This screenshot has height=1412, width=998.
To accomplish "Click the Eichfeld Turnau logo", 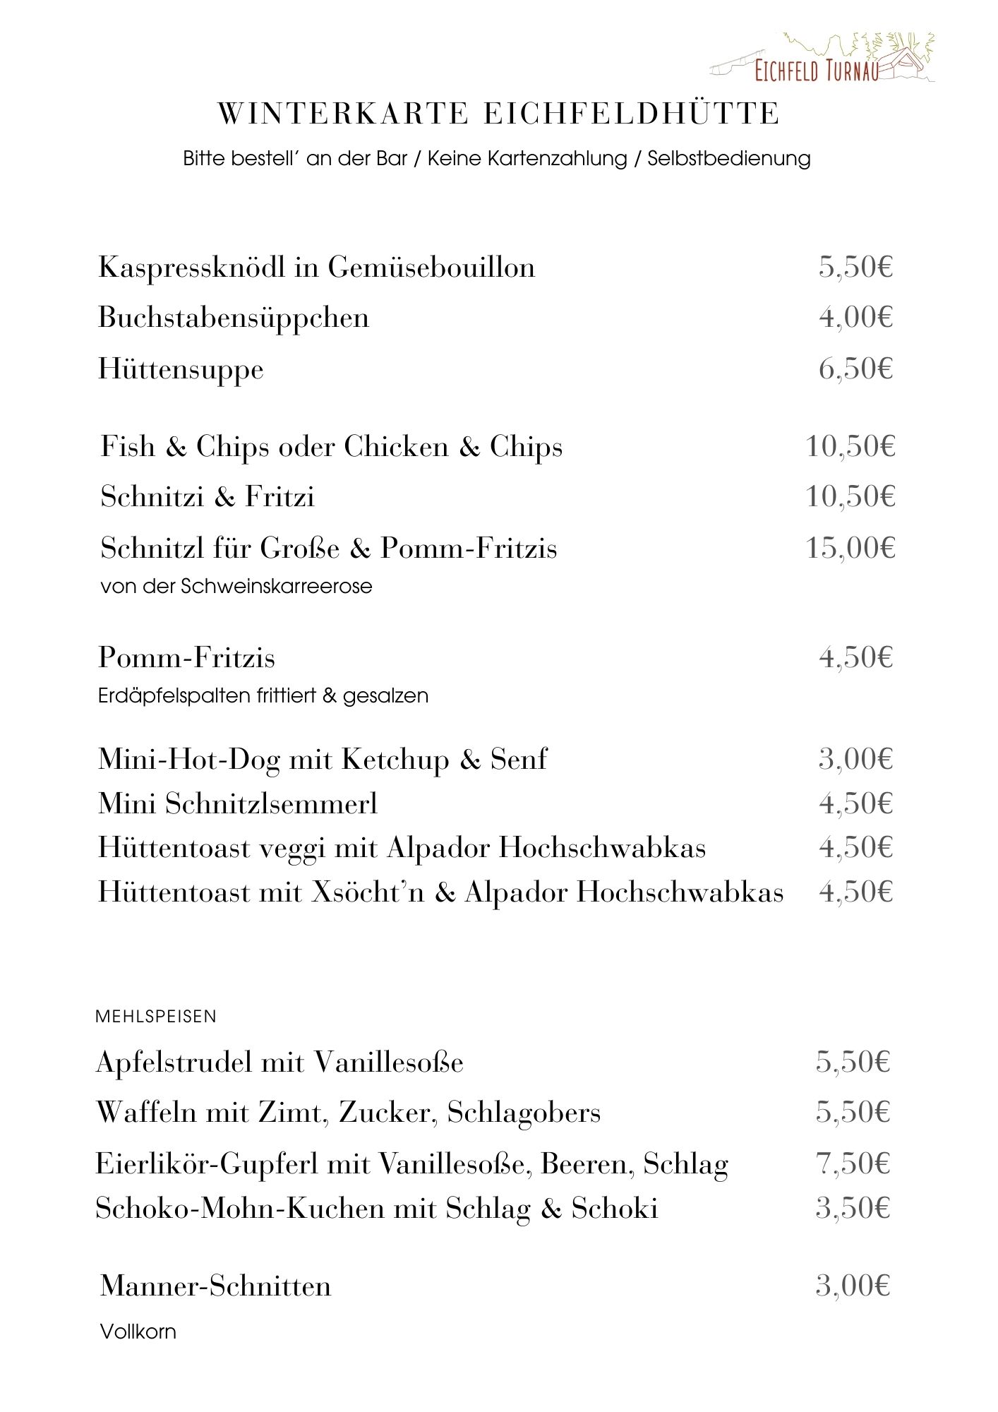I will click(822, 59).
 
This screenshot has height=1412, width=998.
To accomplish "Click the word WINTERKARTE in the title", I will click(343, 114).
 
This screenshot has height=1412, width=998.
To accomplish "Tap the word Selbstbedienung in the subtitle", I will click(728, 158).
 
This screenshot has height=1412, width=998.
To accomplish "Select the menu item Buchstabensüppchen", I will click(234, 318).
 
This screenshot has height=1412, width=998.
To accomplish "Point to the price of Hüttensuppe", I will click(855, 369).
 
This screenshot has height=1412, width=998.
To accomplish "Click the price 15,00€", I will click(850, 548).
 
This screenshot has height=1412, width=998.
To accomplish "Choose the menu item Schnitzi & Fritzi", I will click(208, 497).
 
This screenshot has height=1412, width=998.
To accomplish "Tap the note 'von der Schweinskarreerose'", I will click(236, 586).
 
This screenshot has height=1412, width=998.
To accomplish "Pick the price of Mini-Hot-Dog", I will click(855, 759).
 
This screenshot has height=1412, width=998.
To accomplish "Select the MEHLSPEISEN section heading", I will click(156, 1017).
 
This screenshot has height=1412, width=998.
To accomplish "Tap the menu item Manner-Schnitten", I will click(215, 1286).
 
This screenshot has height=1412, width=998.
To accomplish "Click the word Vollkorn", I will click(138, 1332).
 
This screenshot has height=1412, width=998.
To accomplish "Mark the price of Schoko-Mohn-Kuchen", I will click(853, 1208).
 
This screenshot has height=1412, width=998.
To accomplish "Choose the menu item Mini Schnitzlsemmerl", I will click(238, 803).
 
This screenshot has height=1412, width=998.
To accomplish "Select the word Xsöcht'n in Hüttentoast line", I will click(368, 892).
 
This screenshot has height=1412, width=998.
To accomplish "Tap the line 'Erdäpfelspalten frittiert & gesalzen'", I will click(263, 695).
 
